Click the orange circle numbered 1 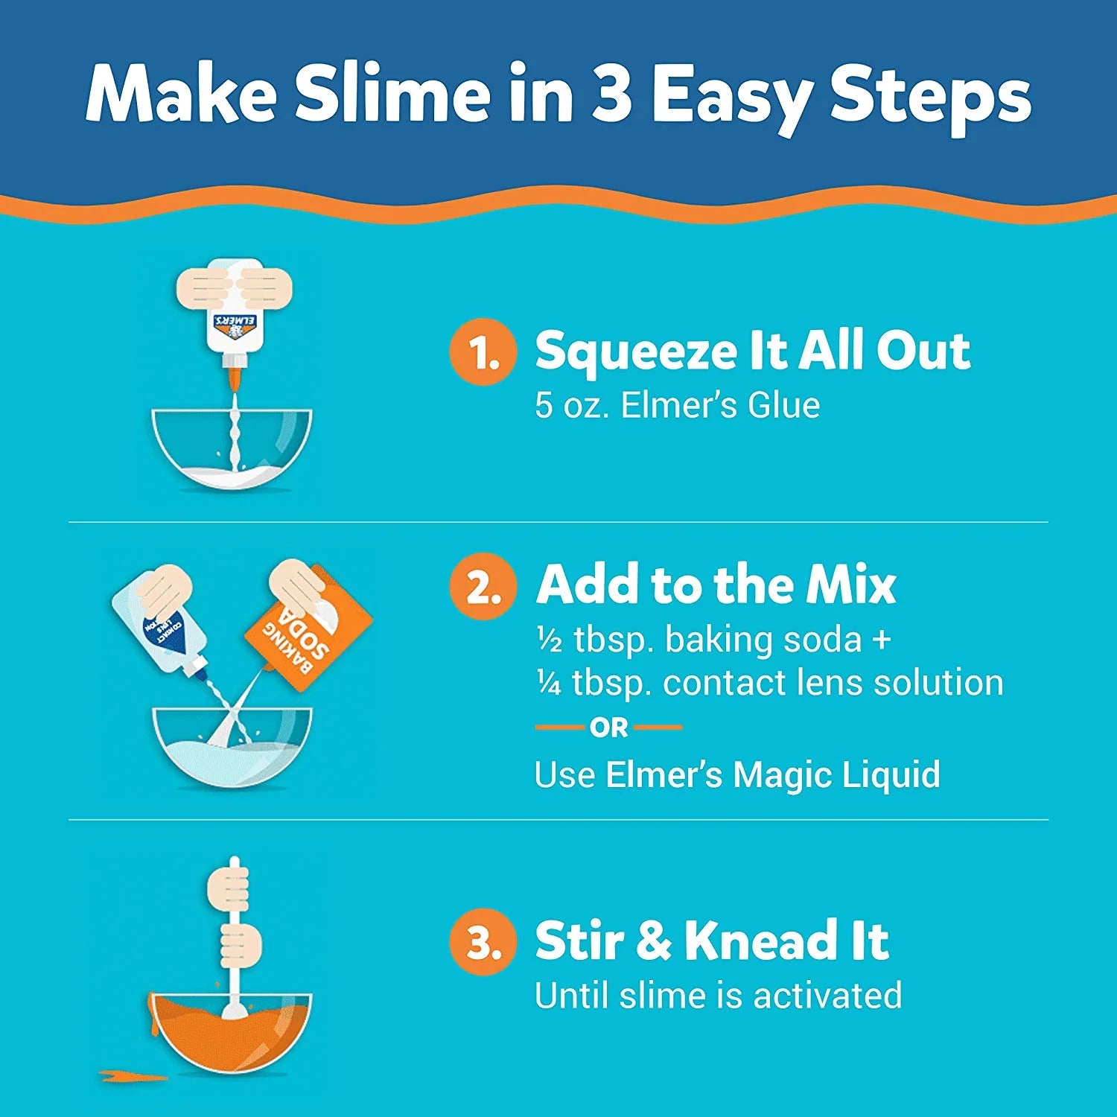tap(483, 352)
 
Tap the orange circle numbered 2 tap(483, 586)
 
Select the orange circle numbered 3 tap(483, 941)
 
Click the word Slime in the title tap(392, 95)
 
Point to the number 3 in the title tap(612, 95)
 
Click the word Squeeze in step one tap(637, 352)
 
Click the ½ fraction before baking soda tap(550, 640)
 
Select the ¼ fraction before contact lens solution tap(550, 684)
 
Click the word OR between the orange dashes tap(609, 728)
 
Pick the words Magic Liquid tap(836, 775)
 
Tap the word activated tap(827, 996)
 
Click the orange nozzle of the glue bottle tap(236, 376)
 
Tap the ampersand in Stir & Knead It tap(654, 941)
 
